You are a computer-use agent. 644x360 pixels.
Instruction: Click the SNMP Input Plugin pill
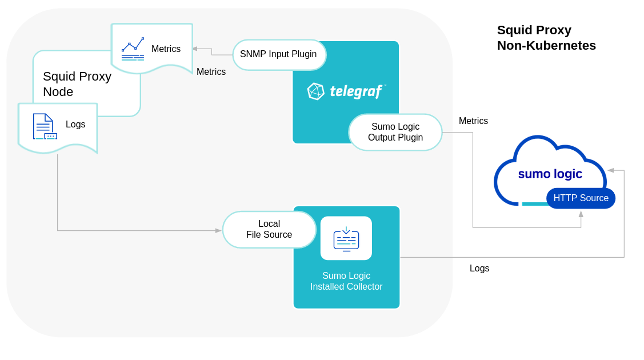pyautogui.click(x=279, y=55)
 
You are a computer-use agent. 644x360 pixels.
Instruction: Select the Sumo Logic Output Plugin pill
pyautogui.click(x=395, y=133)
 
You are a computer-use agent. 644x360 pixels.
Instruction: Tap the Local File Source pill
pyautogui.click(x=269, y=230)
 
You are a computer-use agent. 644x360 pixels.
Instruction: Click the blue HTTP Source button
pyautogui.click(x=581, y=198)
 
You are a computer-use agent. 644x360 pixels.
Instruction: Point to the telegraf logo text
pyautogui.click(x=356, y=91)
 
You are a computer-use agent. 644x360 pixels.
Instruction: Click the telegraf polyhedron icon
pyautogui.click(x=315, y=91)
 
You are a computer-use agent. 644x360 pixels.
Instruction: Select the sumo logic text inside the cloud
pyautogui.click(x=550, y=174)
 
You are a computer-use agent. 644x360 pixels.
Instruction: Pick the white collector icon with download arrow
pyautogui.click(x=346, y=238)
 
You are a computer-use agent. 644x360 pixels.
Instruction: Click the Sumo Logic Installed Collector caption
pyautogui.click(x=346, y=281)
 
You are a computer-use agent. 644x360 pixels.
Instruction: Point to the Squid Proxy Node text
pyautogui.click(x=77, y=84)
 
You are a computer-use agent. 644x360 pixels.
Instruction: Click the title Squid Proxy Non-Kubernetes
pyautogui.click(x=546, y=38)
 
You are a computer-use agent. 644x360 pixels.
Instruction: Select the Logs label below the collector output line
pyautogui.click(x=479, y=269)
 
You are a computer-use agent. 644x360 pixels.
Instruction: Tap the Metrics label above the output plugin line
pyautogui.click(x=473, y=121)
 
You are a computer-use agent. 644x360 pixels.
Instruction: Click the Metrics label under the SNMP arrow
pyautogui.click(x=211, y=72)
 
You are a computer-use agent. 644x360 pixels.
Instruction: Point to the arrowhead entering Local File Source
pyautogui.click(x=218, y=231)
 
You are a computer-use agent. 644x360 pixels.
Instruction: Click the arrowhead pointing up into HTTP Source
pyautogui.click(x=581, y=214)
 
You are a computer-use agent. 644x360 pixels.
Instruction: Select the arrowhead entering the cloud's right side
pyautogui.click(x=610, y=170)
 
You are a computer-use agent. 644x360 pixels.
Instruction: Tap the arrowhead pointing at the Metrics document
pyautogui.click(x=195, y=49)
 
